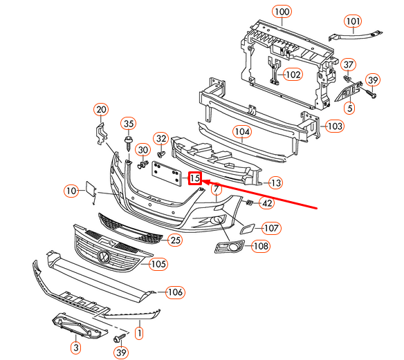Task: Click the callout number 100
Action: tap(281, 11)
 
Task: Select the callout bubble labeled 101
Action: tap(353, 21)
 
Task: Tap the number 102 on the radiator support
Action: tap(293, 74)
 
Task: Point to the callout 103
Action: tap(334, 126)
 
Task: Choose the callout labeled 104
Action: tap(241, 131)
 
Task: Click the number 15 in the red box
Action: tap(195, 179)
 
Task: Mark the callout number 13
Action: tap(275, 183)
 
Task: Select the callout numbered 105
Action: tap(158, 263)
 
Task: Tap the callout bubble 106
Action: tap(175, 292)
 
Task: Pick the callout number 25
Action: tap(175, 240)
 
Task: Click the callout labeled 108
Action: tap(261, 245)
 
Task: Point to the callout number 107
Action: tap(270, 227)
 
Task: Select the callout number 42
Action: tap(266, 203)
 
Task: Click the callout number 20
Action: tap(101, 109)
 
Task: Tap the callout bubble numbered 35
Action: tap(128, 124)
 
